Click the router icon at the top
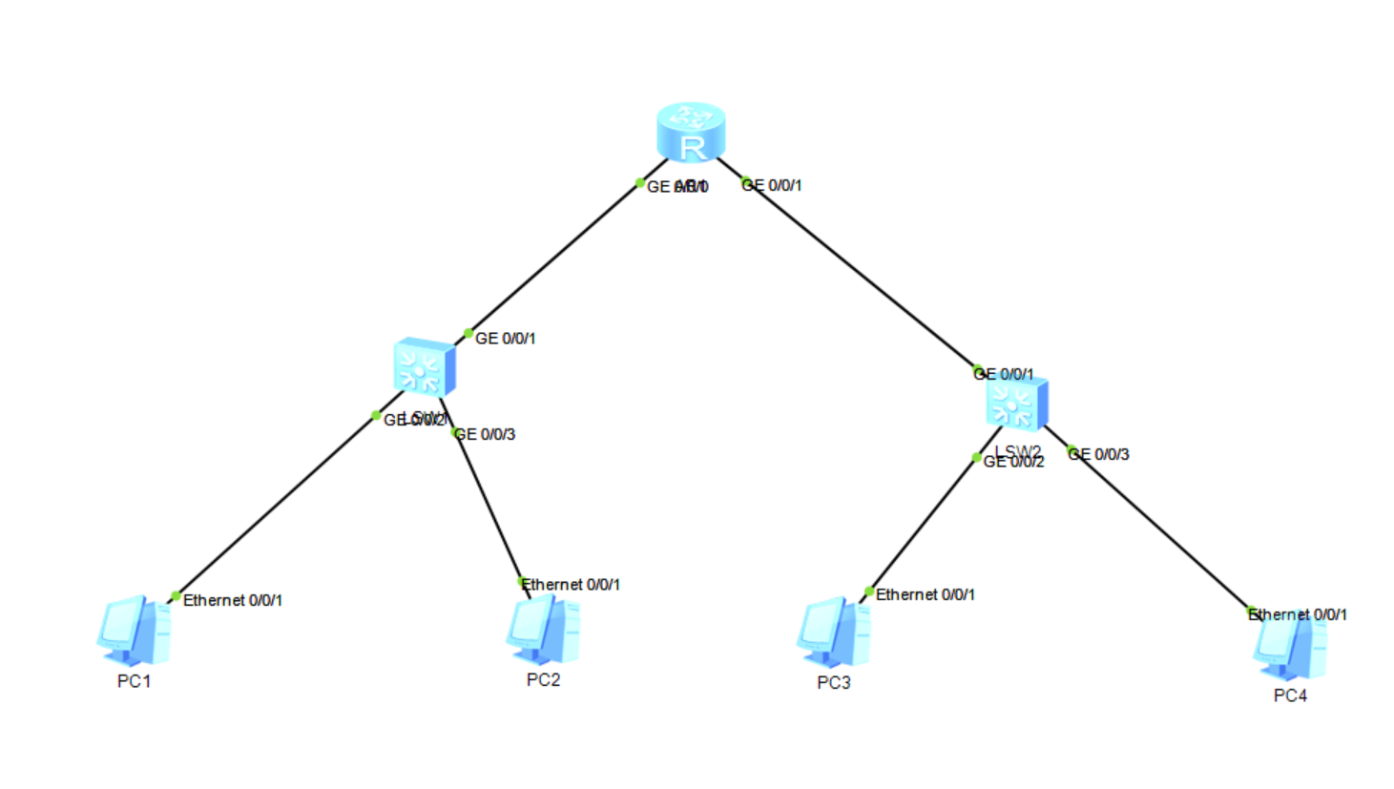coord(691,132)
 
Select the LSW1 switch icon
coord(424,366)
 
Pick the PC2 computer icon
coord(543,630)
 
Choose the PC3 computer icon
coord(834,632)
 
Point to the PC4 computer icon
coord(1290,647)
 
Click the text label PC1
coord(134,681)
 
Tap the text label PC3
coord(833,683)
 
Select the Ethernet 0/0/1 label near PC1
coord(232,600)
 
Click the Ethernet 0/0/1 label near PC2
coord(572,584)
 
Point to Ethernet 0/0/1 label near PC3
coord(926,594)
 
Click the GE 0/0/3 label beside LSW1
coord(486,434)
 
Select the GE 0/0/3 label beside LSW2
coord(1099,454)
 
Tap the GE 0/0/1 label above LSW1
coord(505,339)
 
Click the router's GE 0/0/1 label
coord(772,185)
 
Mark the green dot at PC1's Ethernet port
coord(176,596)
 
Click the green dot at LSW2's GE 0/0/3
coord(1072,450)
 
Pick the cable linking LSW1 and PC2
coord(489,506)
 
